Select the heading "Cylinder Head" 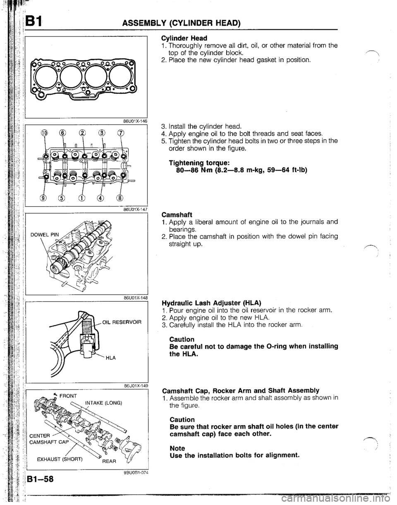click(x=179, y=37)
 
